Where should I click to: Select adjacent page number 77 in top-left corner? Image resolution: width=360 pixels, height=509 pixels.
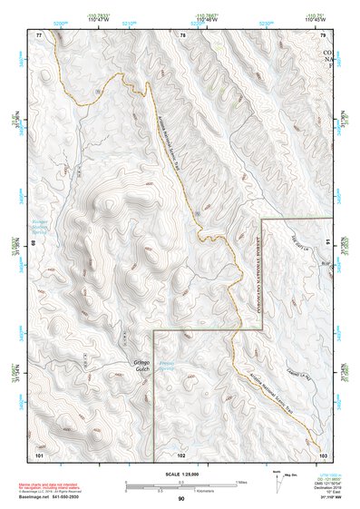[39, 34]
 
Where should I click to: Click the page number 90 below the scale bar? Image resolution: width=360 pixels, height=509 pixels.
[181, 499]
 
